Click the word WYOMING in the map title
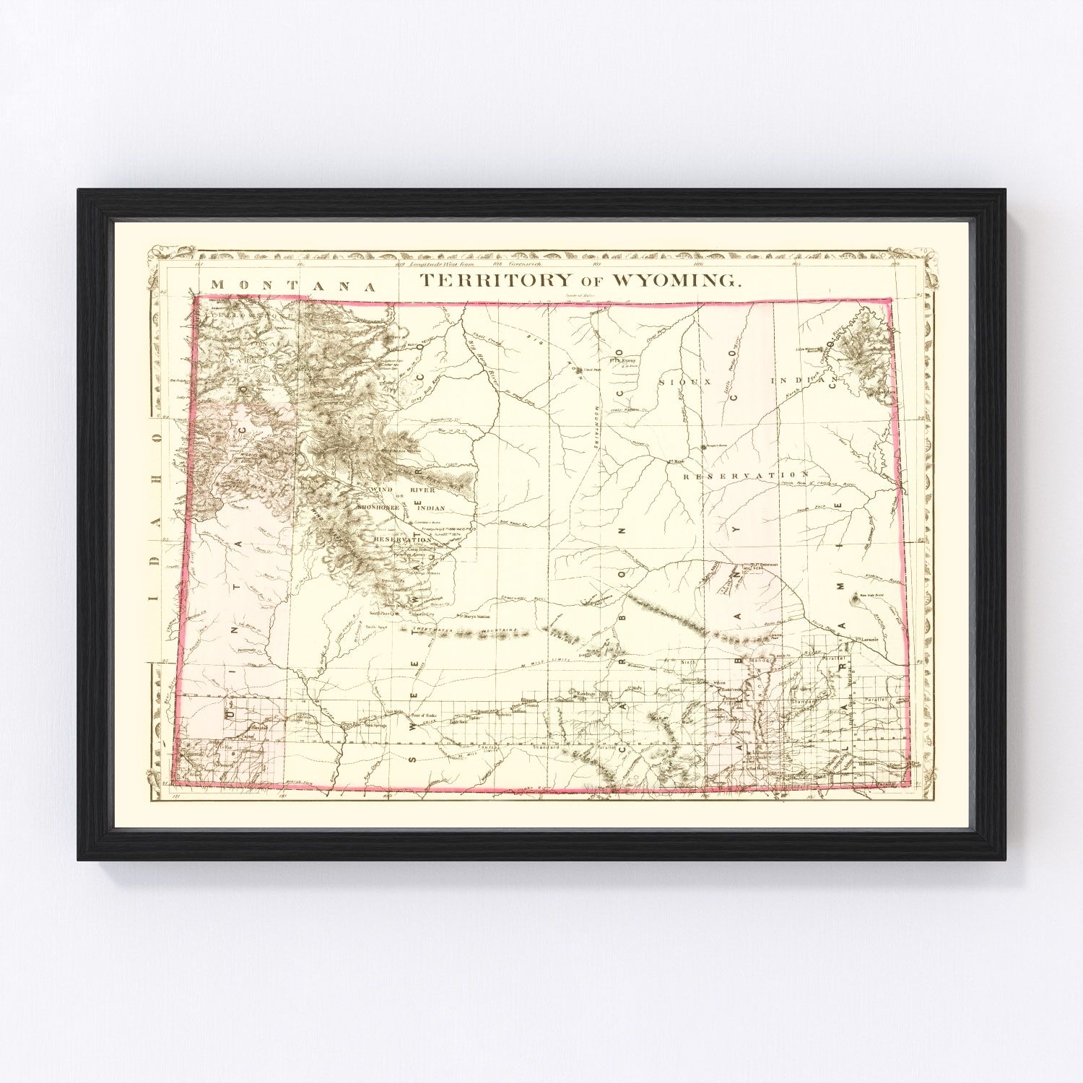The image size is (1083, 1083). (x=676, y=281)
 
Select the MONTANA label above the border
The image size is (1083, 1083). (x=293, y=285)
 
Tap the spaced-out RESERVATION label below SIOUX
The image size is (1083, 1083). (x=744, y=476)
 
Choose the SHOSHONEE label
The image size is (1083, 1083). (x=378, y=508)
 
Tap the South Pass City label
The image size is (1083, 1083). (x=383, y=614)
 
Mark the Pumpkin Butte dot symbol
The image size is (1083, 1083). (x=703, y=448)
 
